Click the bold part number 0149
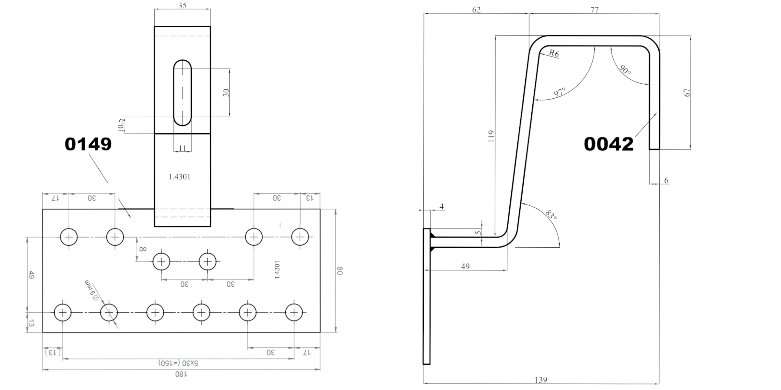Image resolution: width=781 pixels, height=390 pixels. click(88, 144)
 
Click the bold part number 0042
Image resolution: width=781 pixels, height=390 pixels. click(609, 144)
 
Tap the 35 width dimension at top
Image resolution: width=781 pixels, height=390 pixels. click(182, 6)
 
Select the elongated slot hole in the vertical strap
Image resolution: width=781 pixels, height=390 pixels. click(182, 93)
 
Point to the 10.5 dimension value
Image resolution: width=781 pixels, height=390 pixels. click(121, 125)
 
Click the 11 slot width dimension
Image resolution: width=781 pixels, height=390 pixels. click(182, 148)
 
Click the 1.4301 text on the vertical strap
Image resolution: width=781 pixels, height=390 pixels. click(179, 177)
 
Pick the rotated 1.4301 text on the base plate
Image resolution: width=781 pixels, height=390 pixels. click(277, 270)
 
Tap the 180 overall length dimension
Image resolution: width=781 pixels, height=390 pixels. click(181, 374)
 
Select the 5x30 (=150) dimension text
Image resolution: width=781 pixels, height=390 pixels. click(178, 363)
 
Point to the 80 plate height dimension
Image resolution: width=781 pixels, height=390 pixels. click(340, 271)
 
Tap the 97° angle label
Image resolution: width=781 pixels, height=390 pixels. click(559, 92)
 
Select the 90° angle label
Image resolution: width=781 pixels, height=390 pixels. click(625, 70)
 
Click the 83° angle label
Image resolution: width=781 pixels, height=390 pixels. click(551, 214)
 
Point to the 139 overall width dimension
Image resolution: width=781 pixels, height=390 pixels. click(541, 380)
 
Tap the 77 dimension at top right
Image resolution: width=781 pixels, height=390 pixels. click(594, 10)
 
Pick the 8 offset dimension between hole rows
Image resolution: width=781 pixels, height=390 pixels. click(143, 249)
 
